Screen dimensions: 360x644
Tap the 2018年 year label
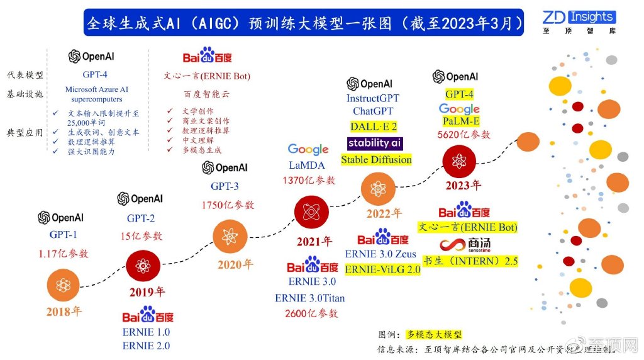(64, 311)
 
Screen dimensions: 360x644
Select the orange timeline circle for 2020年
(227, 237)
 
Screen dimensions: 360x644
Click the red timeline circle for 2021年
(311, 212)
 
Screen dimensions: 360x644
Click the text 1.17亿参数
(64, 253)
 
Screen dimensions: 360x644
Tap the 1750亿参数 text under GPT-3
(228, 205)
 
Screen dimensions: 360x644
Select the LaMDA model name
(308, 165)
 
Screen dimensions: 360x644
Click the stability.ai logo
(375, 143)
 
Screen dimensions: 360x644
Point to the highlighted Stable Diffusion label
(376, 160)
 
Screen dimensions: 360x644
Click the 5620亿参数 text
(464, 134)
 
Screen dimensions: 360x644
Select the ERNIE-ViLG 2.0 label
(383, 269)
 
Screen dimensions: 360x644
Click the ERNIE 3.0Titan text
(309, 298)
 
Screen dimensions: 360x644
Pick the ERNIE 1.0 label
(146, 332)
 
